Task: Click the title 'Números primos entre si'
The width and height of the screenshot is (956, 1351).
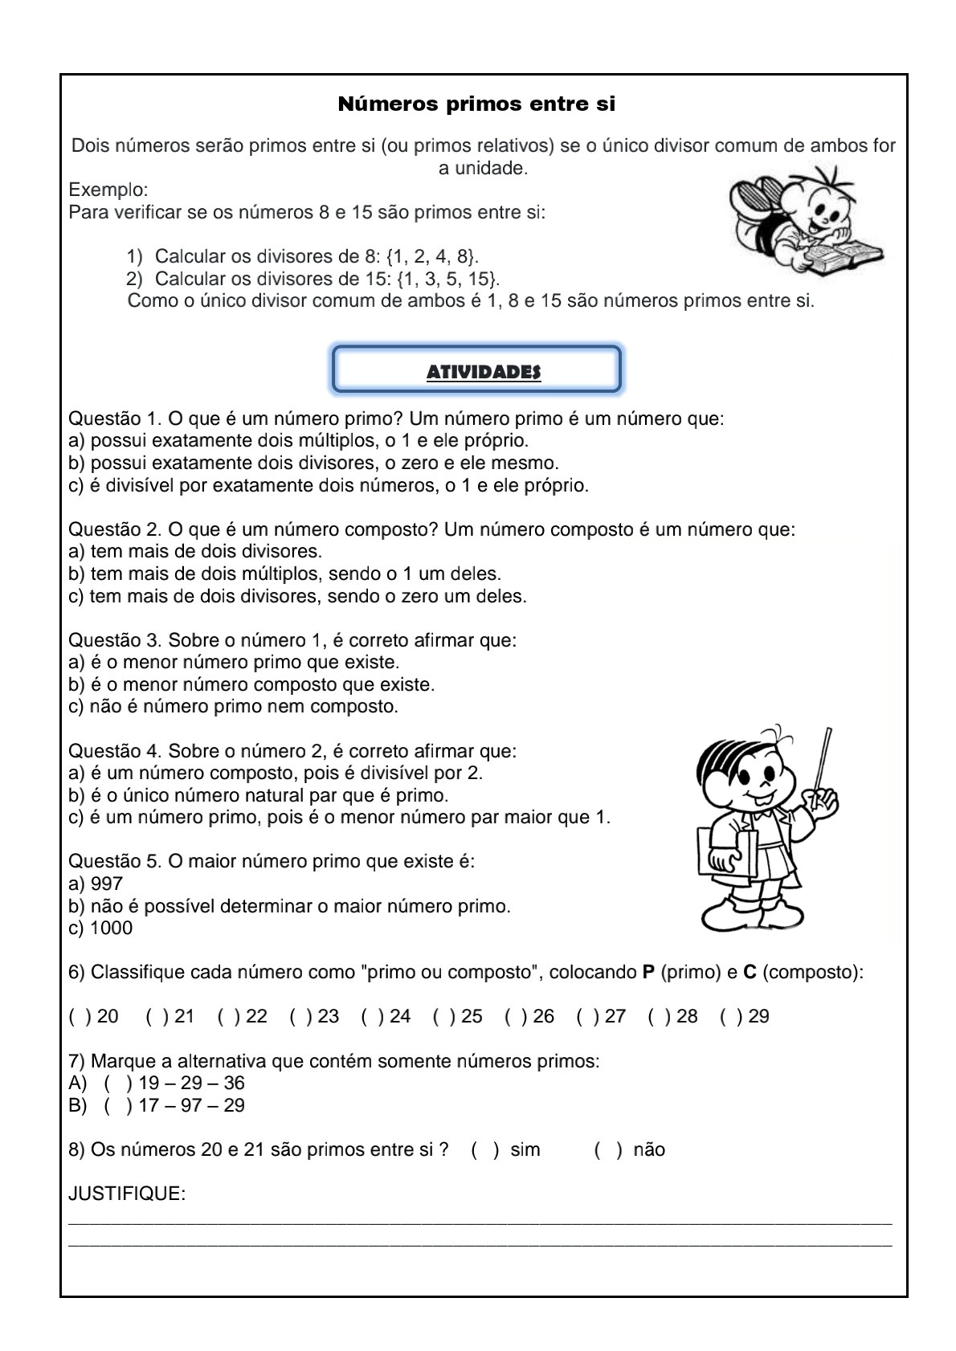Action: pos(476,104)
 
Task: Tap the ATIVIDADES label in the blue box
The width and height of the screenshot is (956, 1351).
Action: pos(483,373)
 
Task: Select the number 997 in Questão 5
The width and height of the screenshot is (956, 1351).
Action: pos(107,884)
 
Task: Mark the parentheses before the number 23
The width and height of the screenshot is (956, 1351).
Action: pos(300,1017)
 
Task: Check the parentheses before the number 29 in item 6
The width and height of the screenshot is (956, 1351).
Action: pos(731,1017)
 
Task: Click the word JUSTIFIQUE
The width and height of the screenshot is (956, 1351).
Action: pos(127,1194)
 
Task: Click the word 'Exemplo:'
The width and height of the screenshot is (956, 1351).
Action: pos(108,190)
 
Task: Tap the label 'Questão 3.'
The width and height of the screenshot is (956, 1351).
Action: pos(116,641)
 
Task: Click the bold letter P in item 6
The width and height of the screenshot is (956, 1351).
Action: pos(648,973)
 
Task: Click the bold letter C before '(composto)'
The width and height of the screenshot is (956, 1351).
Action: pos(750,973)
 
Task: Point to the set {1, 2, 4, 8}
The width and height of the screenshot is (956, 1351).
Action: pos(431,257)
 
